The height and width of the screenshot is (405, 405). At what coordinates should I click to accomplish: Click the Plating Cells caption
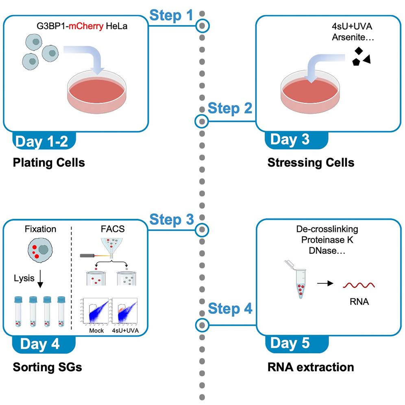(49, 163)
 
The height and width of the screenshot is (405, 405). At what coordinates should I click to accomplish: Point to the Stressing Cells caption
(311, 163)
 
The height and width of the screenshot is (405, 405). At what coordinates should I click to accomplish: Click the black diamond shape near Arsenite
(359, 51)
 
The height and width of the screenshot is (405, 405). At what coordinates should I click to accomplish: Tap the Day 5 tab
(290, 344)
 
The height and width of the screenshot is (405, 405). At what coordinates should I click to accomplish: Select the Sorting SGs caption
(47, 367)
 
